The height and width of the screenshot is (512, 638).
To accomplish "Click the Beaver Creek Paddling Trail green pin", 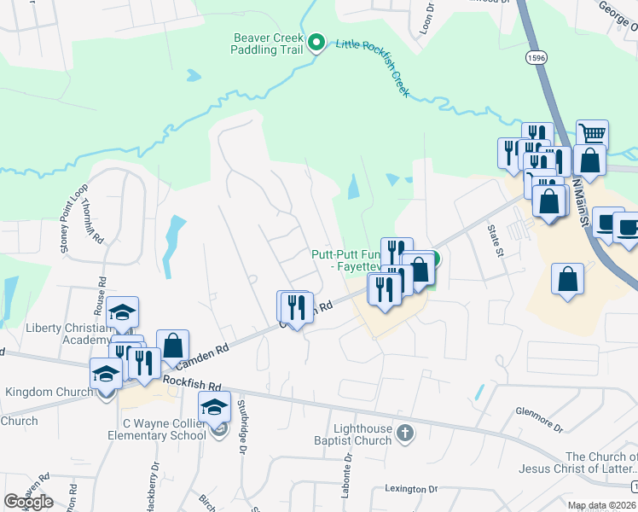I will tap(316, 42).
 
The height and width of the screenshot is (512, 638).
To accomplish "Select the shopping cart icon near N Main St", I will tap(592, 134).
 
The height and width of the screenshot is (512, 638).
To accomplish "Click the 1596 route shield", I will tap(536, 57).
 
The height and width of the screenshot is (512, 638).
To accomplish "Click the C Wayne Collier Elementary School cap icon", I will tap(214, 407).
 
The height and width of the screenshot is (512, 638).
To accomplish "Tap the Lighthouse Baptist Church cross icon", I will tap(405, 434).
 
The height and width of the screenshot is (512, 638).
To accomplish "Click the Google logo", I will tap(28, 502).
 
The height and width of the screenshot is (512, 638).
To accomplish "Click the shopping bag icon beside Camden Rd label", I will tap(172, 346).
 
